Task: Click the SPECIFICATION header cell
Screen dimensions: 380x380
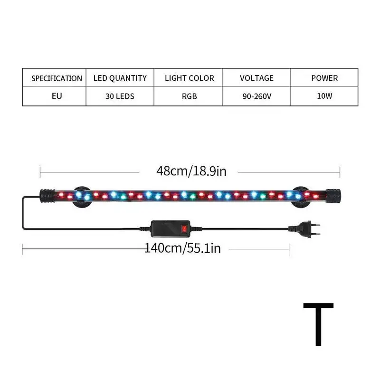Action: pyautogui.click(x=57, y=78)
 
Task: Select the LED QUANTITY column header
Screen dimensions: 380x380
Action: pyautogui.click(x=120, y=78)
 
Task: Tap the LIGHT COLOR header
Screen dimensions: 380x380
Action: pyautogui.click(x=190, y=78)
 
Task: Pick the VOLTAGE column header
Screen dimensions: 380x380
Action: pyautogui.click(x=256, y=78)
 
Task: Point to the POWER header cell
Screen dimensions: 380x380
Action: pyautogui.click(x=324, y=78)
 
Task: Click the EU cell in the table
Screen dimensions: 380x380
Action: pyautogui.click(x=57, y=96)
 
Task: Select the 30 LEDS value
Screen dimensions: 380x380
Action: pyautogui.click(x=120, y=96)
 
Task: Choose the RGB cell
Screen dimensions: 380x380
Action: pyautogui.click(x=189, y=96)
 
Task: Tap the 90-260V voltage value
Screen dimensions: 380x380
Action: pyautogui.click(x=256, y=96)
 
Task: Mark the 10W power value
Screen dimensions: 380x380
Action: pyautogui.click(x=325, y=96)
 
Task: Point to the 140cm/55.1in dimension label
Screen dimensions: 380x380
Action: pyautogui.click(x=182, y=247)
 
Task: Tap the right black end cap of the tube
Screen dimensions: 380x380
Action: pyautogui.click(x=333, y=194)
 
